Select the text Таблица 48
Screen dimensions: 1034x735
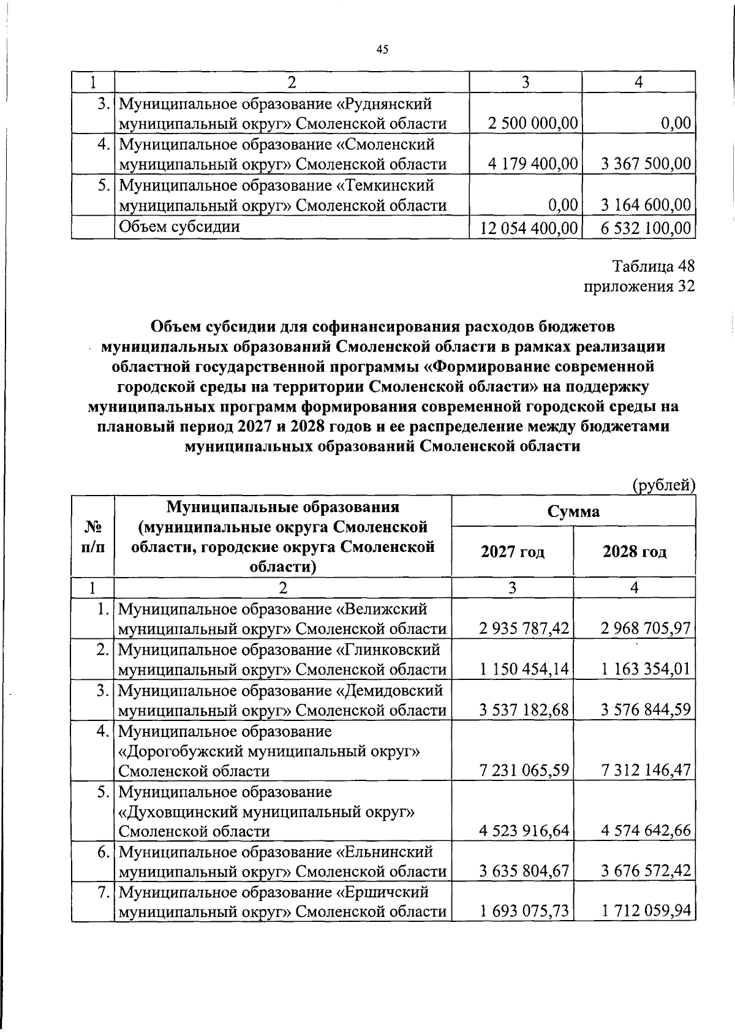click(654, 266)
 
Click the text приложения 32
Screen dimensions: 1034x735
click(639, 287)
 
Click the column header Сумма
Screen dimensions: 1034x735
click(573, 511)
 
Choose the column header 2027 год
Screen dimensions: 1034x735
click(512, 552)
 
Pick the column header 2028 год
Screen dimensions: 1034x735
click(635, 552)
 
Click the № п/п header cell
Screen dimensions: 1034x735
click(92, 537)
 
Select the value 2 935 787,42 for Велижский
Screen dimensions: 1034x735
click(525, 628)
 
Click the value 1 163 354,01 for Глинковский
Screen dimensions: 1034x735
click(646, 669)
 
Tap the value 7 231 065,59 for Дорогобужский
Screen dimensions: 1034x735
click(525, 770)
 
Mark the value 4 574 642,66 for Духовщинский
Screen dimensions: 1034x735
click(646, 831)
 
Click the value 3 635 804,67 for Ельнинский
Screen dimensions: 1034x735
click(525, 871)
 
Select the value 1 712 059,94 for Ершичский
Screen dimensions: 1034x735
click(646, 911)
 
